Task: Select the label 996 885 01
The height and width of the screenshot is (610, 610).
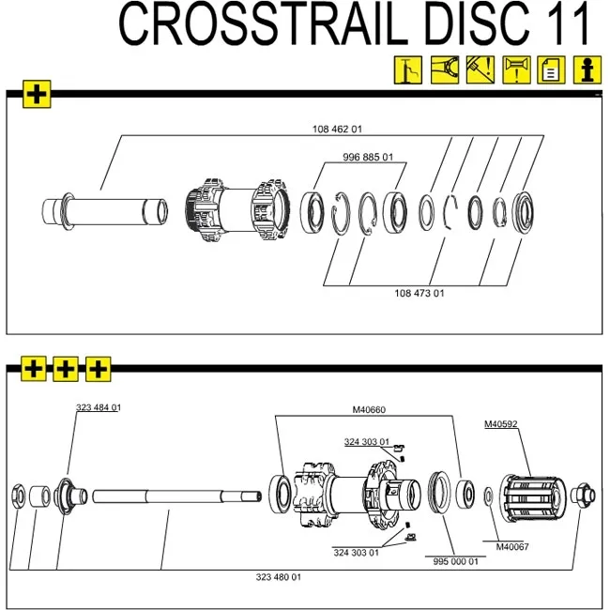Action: pyautogui.click(x=368, y=157)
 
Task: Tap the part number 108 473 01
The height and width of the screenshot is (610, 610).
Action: pyautogui.click(x=419, y=293)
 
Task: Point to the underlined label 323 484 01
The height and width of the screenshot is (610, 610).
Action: pyautogui.click(x=99, y=407)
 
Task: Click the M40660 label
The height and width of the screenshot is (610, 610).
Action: pyautogui.click(x=369, y=409)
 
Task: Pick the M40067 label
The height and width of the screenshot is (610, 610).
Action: pyautogui.click(x=512, y=546)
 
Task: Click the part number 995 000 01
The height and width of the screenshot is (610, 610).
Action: pyautogui.click(x=456, y=561)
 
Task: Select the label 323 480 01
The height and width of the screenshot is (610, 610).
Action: pyautogui.click(x=279, y=577)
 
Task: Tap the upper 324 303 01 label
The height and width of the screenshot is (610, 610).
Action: pyautogui.click(x=366, y=441)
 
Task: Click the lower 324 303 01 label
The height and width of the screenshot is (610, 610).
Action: pyautogui.click(x=356, y=553)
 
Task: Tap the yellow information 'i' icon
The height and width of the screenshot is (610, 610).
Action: pyautogui.click(x=587, y=69)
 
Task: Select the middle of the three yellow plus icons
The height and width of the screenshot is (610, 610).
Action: pyautogui.click(x=66, y=369)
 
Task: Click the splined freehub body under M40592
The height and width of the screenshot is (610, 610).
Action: pyautogui.click(x=536, y=497)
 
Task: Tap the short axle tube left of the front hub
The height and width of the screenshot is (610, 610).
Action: pyautogui.click(x=103, y=208)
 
